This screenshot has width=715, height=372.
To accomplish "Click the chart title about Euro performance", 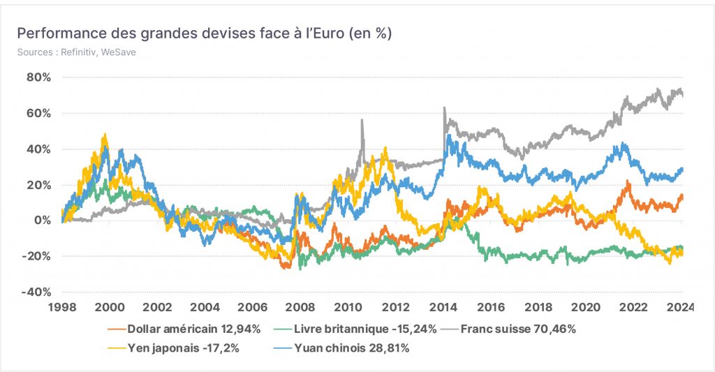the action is pos(205,34).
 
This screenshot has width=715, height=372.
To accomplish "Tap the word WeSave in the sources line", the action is pos(118,52).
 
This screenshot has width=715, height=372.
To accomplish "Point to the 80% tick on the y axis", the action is pos(39,77).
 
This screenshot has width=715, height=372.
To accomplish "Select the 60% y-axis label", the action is pos(39,113).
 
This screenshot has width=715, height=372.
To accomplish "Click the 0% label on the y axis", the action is pos(42,221).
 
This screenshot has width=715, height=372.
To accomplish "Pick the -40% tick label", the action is pos(36,292).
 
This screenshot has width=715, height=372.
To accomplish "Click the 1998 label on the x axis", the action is pos(62,307).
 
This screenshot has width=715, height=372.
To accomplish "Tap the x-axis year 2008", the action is pos(300,307).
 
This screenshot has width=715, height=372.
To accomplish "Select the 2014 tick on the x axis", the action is pos(443,307).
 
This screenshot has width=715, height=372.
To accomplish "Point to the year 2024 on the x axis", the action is pos(679,307).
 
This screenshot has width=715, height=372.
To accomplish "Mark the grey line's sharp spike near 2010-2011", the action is pos(362,120).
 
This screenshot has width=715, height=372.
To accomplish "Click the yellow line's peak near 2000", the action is pos(105,135).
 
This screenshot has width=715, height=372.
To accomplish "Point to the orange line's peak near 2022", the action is pos(628,181).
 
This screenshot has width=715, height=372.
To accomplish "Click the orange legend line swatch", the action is pos(117,329).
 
